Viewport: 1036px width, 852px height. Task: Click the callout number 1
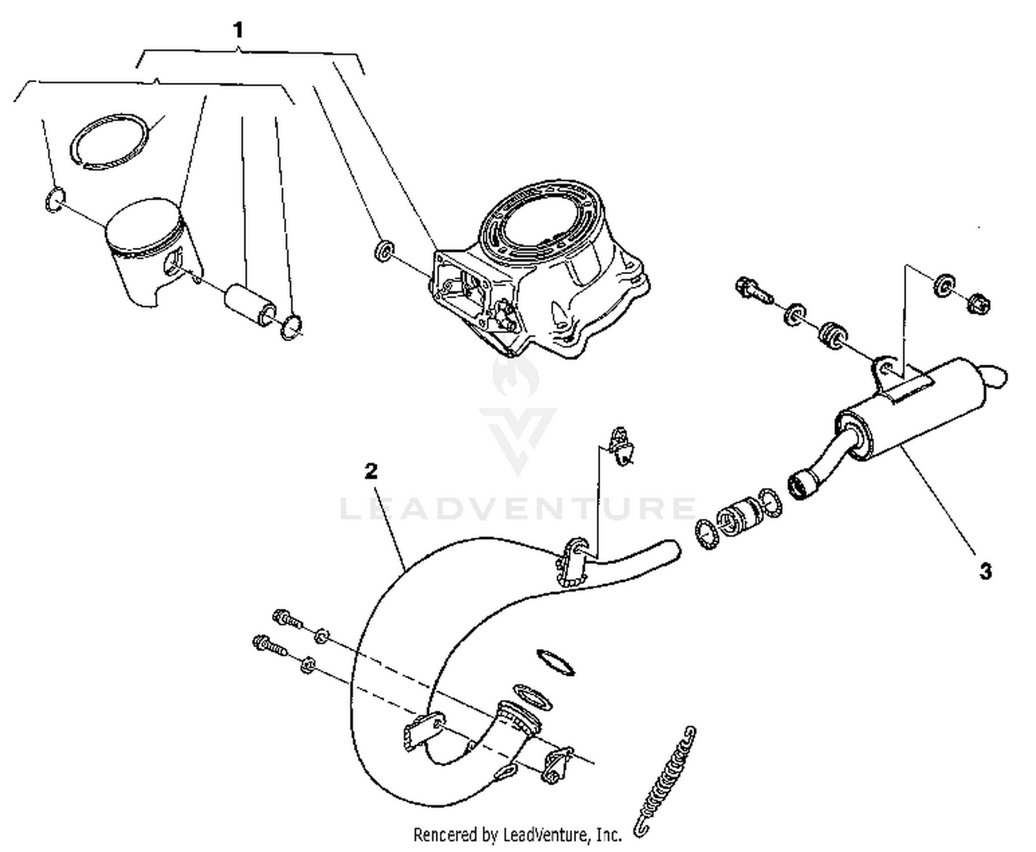(238, 30)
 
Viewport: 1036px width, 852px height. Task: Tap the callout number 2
(371, 472)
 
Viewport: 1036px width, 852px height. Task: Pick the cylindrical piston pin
(249, 304)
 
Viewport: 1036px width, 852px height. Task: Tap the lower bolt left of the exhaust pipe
(269, 646)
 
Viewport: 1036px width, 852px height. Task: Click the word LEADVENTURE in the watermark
(518, 509)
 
